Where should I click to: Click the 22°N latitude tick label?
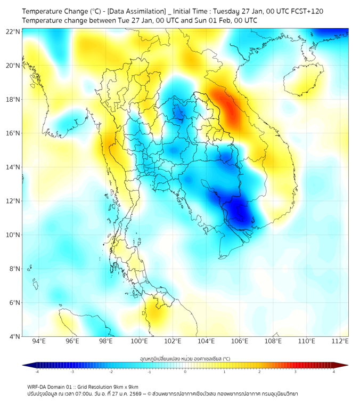click(x=13, y=31)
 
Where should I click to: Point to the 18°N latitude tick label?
click(x=13, y=99)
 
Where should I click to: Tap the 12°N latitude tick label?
click(x=13, y=201)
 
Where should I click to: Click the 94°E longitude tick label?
click(x=39, y=341)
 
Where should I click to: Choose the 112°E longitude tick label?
click(x=340, y=341)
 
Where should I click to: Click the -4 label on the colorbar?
click(x=37, y=372)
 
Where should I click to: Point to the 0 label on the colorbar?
click(x=185, y=372)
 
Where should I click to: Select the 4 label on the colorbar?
click(x=334, y=372)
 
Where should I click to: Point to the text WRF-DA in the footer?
click(x=38, y=386)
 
